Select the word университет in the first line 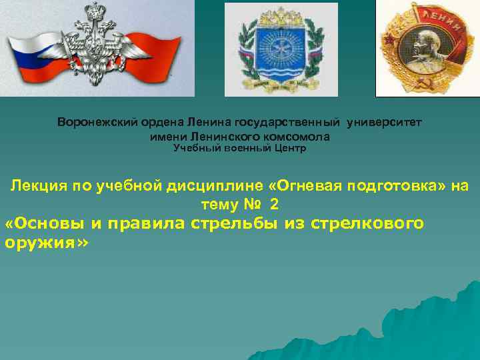[383, 123]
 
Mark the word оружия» [45, 242]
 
